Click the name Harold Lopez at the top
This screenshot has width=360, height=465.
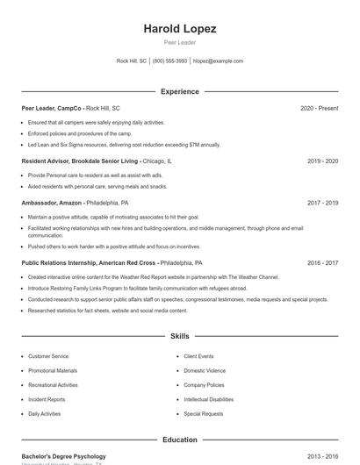(180, 29)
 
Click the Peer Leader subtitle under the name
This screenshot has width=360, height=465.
(180, 42)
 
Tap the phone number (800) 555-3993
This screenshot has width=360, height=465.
(169, 61)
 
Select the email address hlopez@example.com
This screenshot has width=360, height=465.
(218, 61)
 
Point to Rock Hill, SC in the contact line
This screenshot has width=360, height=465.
(132, 61)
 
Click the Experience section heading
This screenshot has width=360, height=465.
(180, 91)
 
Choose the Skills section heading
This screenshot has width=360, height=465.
(180, 336)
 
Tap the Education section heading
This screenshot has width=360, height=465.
(180, 440)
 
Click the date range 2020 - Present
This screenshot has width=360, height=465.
(319, 108)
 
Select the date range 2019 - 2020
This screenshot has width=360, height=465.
(322, 161)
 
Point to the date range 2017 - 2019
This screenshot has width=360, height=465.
(322, 203)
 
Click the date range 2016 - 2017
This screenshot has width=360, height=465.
(322, 262)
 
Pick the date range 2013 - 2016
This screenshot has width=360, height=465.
(322, 456)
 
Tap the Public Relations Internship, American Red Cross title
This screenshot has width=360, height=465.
(89, 262)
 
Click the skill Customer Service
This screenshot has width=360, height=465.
(48, 356)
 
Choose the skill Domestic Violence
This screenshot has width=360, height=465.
(205, 370)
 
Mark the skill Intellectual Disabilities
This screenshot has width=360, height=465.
(208, 399)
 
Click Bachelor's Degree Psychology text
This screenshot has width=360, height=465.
(63, 456)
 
